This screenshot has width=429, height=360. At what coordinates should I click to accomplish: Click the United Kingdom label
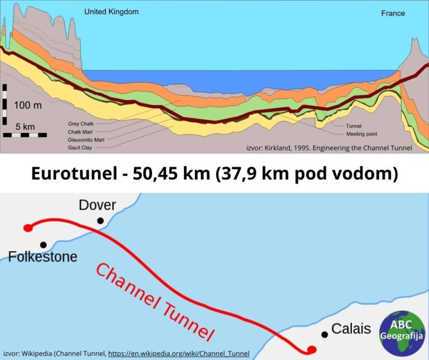coord(111,11)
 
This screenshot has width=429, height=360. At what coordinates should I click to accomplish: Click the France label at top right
coord(393,13)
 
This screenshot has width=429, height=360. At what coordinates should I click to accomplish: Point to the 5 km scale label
coord(25,126)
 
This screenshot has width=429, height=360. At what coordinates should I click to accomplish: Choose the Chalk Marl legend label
coord(79,131)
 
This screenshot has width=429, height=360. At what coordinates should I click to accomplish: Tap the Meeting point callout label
coord(363,134)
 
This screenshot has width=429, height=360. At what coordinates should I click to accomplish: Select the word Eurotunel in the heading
coord(71,173)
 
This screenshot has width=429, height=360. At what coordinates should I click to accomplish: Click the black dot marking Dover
coord(100,221)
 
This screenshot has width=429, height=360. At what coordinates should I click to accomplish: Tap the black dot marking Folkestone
coord(43,244)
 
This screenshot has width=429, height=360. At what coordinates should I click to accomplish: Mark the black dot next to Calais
coord(324,334)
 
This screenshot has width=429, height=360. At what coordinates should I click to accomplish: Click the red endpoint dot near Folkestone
coord(27,228)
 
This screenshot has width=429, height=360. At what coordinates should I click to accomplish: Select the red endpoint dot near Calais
coord(312,349)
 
